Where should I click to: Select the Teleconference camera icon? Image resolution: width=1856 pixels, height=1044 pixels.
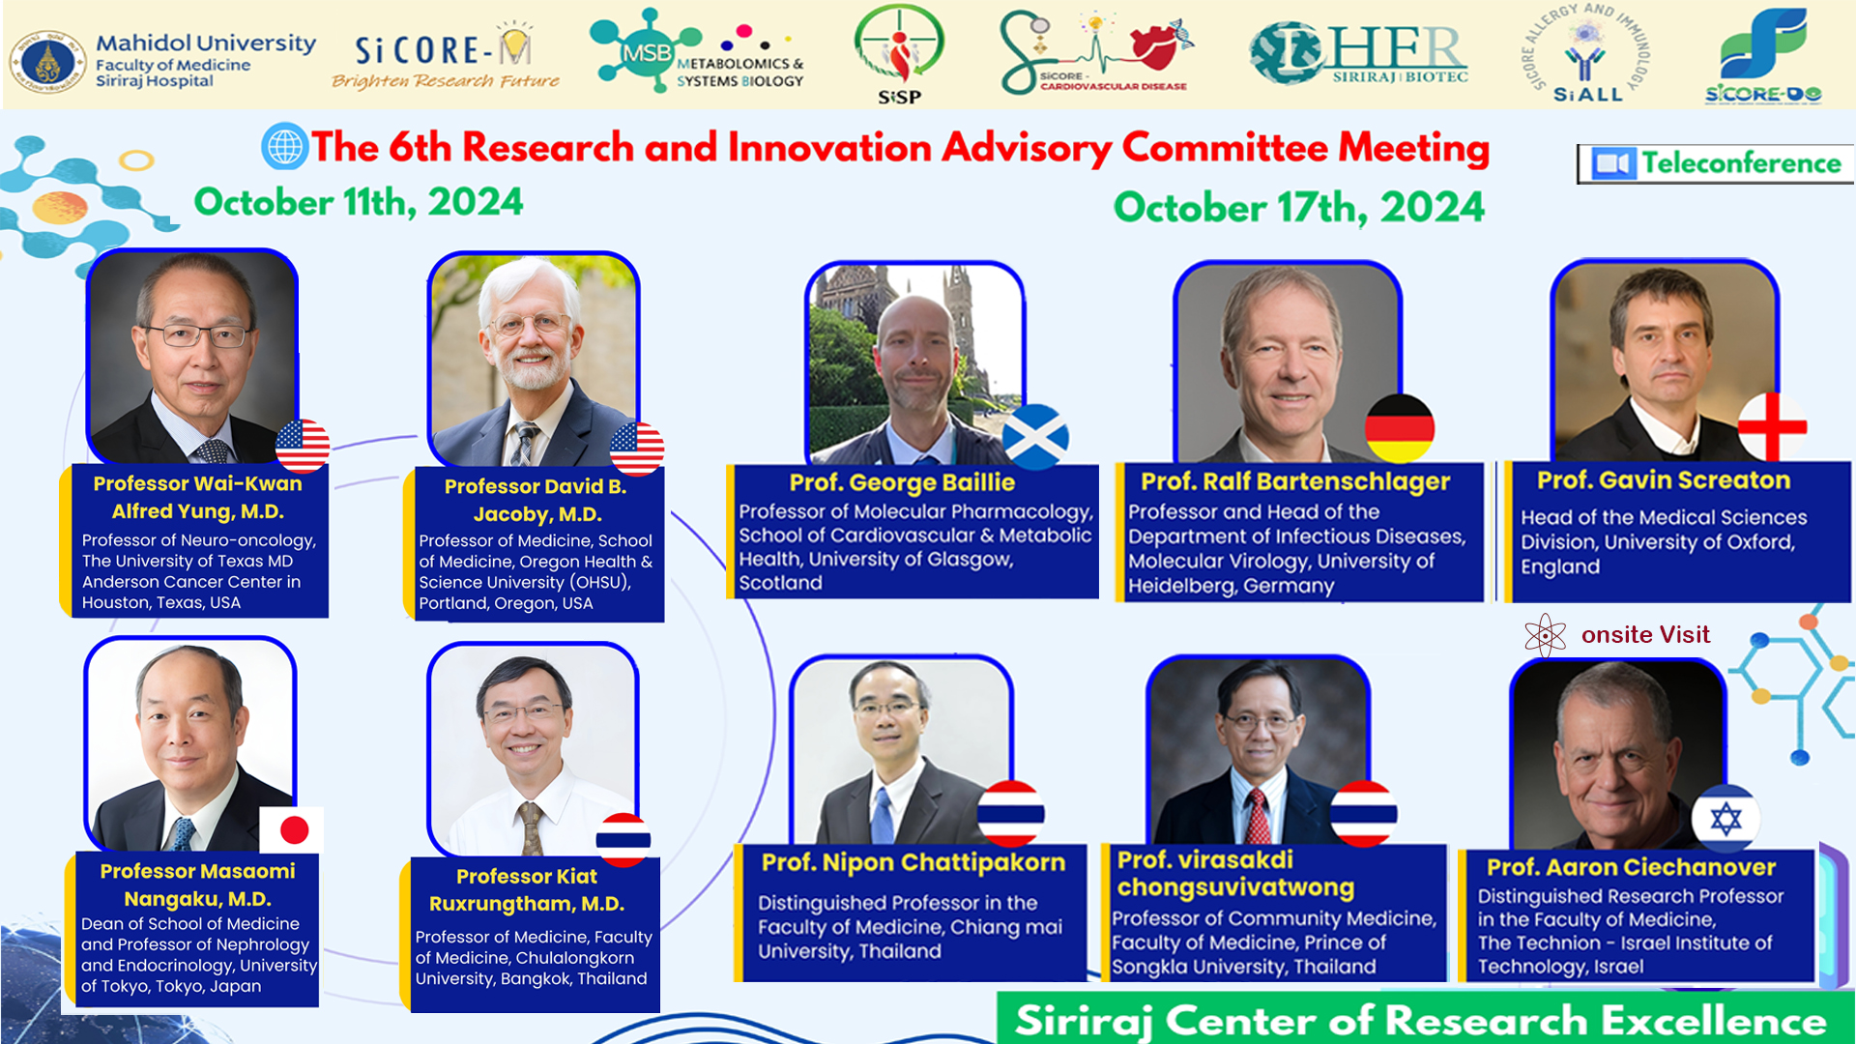(1613, 163)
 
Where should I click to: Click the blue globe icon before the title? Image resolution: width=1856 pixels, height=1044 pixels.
(285, 147)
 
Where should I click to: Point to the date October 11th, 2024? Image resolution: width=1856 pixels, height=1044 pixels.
(359, 202)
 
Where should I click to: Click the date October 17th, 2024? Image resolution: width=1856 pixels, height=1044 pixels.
(1298, 207)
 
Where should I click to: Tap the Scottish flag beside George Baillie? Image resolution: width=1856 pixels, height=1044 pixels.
(1035, 437)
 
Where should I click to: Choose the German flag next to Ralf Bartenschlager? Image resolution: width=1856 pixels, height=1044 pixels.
(1400, 428)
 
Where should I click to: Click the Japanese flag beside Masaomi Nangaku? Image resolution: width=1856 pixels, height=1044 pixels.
(292, 829)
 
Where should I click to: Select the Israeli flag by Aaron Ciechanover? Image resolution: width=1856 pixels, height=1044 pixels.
(1725, 819)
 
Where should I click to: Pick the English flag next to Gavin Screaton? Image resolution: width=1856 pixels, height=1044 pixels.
(1772, 426)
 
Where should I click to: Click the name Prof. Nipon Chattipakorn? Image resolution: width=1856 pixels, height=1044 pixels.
(913, 862)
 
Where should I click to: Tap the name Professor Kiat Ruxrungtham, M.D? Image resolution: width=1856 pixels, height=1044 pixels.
(527, 890)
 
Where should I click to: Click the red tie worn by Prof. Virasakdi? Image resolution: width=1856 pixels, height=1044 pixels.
(1258, 817)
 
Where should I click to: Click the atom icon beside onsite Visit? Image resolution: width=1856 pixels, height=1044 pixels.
(1545, 635)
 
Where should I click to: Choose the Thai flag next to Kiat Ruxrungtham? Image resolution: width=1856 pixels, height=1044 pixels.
(623, 839)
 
